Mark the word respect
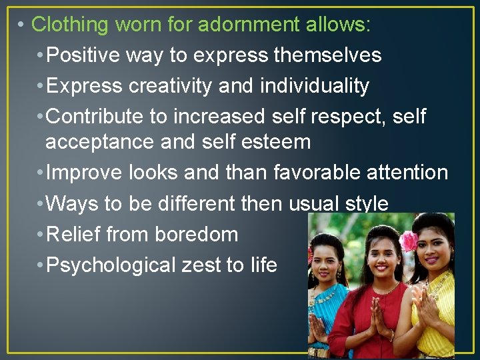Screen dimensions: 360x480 (354, 117)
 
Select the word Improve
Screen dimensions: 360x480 (84, 173)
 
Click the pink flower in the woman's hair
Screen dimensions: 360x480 (409, 241)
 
